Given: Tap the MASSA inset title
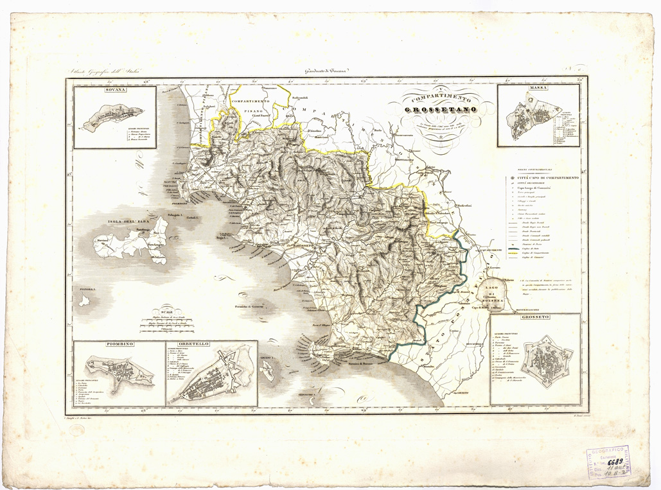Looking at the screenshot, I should (x=538, y=87).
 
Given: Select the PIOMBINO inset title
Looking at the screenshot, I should (x=119, y=345).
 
